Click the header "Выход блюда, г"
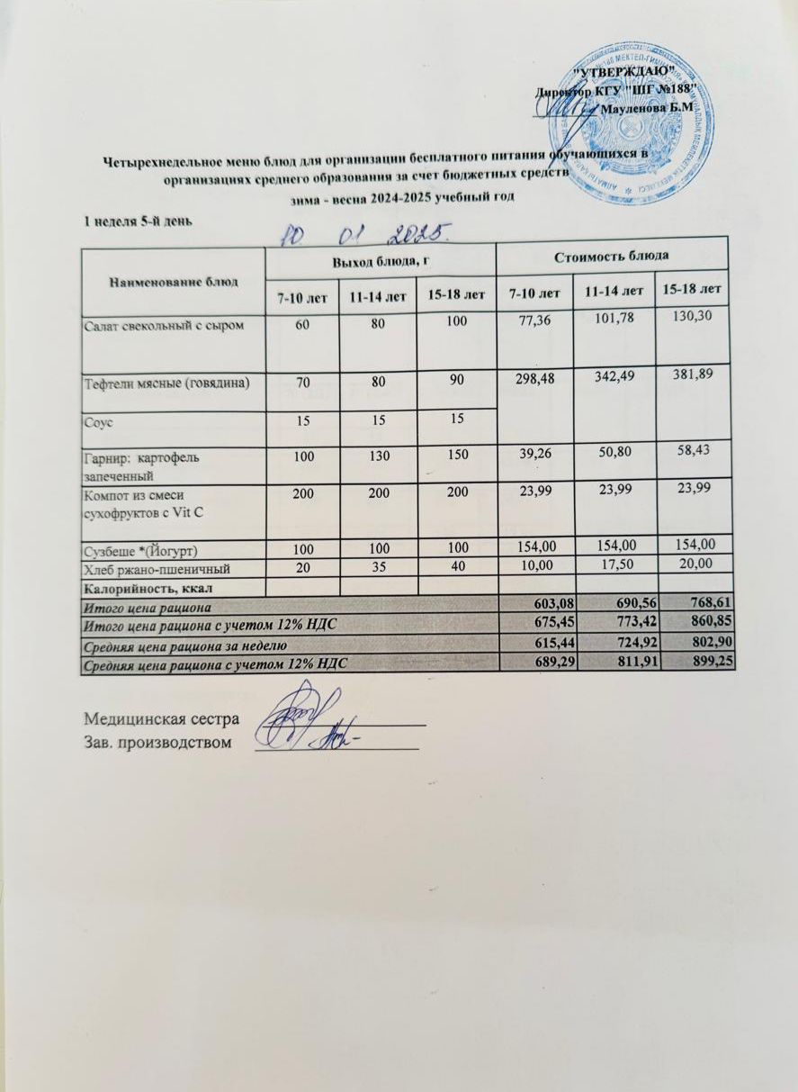tap(379, 260)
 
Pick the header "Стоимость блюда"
tap(612, 255)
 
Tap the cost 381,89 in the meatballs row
tap(692, 374)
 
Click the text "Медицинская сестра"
tap(161, 719)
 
